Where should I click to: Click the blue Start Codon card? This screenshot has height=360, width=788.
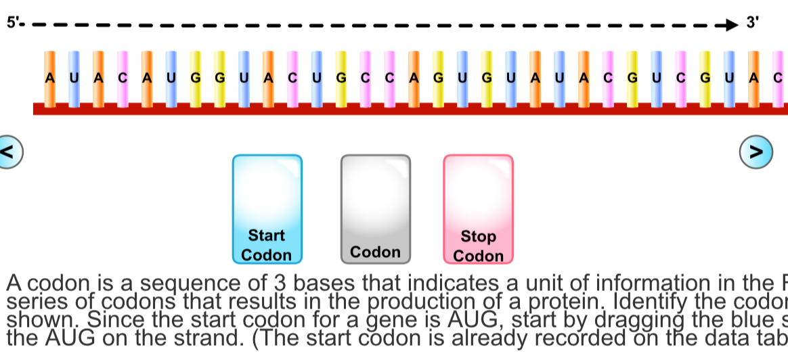coord(267,209)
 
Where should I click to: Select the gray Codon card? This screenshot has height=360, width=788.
coord(375,209)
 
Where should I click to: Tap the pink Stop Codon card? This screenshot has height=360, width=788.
coord(478,209)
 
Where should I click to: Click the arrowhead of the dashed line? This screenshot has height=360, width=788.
coord(729,26)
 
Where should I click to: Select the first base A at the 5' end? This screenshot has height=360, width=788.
coord(49,78)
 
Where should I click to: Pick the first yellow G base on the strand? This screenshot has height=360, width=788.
coord(196,78)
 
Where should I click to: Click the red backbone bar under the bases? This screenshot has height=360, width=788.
coord(406,109)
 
